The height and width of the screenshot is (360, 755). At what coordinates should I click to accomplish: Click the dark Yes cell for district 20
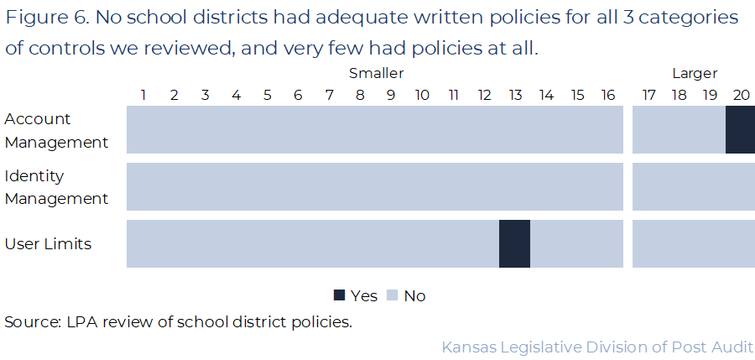[740, 129]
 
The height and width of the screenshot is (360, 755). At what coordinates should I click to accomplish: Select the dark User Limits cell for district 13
[514, 243]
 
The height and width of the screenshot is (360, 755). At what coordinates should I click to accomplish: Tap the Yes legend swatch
[340, 295]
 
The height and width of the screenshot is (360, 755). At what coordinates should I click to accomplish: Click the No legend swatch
[392, 295]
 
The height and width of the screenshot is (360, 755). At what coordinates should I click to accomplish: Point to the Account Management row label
[57, 130]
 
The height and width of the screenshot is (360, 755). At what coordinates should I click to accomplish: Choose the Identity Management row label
[57, 187]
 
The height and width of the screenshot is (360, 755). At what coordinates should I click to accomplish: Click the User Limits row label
[48, 244]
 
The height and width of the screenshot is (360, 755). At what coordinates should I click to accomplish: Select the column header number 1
[143, 95]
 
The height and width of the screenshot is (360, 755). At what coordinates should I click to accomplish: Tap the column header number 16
[608, 95]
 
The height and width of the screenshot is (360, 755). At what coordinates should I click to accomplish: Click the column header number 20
[741, 95]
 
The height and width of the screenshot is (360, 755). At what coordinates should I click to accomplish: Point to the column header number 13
[515, 95]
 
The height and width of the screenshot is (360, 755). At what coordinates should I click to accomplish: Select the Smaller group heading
[376, 74]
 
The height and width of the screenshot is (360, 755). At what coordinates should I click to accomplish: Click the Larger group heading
[695, 74]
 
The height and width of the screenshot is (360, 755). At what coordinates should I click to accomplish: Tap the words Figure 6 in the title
[41, 18]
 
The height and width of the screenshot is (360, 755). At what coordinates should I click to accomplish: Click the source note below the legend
[178, 322]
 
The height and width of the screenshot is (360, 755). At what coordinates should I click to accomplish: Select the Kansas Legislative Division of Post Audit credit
[596, 347]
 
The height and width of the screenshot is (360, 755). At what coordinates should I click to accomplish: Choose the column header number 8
[360, 95]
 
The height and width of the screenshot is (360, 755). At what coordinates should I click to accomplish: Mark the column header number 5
[267, 95]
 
